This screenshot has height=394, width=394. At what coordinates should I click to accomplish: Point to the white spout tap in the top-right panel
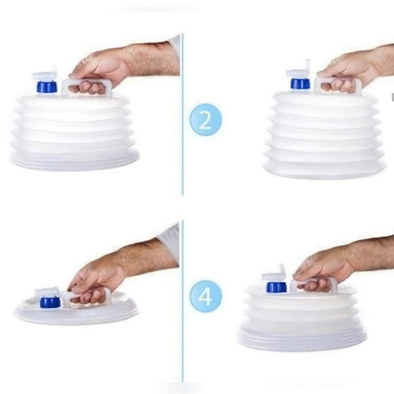(298, 71)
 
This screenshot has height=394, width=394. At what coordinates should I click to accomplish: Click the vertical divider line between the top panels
(182, 115)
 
